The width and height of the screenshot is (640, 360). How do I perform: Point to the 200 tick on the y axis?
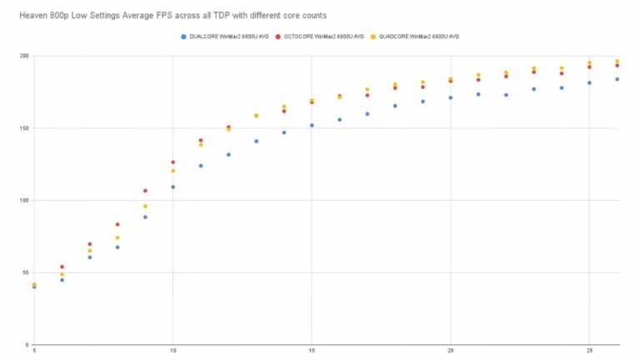[x=22, y=56]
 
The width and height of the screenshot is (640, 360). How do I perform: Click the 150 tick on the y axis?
[x=22, y=128]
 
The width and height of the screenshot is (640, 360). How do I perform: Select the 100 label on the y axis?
[x=22, y=200]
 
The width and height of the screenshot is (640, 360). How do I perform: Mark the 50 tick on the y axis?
[x=24, y=272]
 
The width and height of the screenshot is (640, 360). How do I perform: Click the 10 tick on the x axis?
[x=172, y=351]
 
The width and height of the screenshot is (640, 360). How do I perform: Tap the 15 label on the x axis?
[x=312, y=351]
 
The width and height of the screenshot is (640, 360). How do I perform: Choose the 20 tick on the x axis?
[x=450, y=351]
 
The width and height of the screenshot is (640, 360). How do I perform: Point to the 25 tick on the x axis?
[x=589, y=351]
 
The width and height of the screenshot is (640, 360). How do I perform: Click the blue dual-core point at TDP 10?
[x=172, y=187]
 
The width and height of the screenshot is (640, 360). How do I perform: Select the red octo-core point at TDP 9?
[x=145, y=191]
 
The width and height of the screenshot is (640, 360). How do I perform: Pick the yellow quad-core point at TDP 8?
[x=117, y=237]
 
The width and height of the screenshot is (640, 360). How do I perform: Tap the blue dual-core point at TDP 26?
[x=617, y=79]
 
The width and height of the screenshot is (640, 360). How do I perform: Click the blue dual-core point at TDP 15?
[x=312, y=125]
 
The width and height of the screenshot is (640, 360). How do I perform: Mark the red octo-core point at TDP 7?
[x=89, y=244]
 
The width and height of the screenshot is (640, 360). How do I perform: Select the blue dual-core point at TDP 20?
[x=450, y=97]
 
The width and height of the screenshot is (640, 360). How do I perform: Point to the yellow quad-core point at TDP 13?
[x=256, y=116]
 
